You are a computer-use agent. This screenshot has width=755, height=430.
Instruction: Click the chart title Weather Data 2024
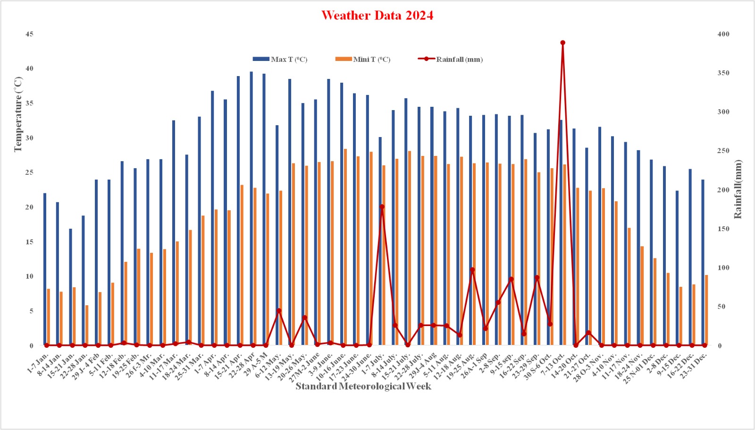[x=377, y=16]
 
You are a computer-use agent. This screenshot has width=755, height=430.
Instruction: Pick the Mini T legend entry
[x=363, y=59]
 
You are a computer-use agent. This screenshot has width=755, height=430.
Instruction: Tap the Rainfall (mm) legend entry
[x=451, y=59]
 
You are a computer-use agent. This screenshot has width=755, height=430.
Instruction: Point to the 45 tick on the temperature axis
[x=30, y=34]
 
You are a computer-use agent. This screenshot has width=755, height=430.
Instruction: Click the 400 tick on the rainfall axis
[x=723, y=34]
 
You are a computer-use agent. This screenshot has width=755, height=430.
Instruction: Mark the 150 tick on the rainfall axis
[x=723, y=229]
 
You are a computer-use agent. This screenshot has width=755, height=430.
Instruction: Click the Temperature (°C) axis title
[x=18, y=114]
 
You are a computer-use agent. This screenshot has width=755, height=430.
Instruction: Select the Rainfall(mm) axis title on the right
[x=738, y=189]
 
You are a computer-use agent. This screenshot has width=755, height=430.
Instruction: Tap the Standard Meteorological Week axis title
[x=363, y=387]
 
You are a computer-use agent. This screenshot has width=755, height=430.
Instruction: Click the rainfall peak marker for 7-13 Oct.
[x=562, y=43]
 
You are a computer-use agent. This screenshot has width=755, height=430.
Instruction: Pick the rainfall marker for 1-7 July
[x=382, y=206]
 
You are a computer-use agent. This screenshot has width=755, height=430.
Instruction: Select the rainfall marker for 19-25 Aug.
[x=472, y=270]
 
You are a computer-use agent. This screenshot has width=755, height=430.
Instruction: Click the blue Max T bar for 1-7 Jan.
[x=45, y=269]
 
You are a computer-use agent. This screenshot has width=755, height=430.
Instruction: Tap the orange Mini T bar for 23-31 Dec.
[x=706, y=310]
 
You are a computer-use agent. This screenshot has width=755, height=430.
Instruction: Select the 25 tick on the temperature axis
[x=30, y=172]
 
